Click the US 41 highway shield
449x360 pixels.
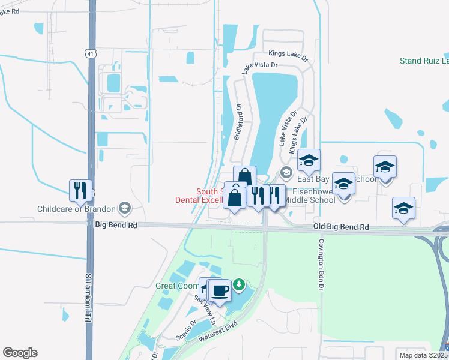tap(89, 53)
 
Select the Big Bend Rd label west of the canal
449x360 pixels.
tap(116, 225)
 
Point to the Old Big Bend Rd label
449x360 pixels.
tap(341, 227)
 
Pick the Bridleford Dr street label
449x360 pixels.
tap(238, 123)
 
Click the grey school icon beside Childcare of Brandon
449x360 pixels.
tap(125, 208)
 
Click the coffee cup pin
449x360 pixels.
tap(220, 290)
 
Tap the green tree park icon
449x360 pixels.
tap(239, 284)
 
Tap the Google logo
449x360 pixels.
tap(20, 353)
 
